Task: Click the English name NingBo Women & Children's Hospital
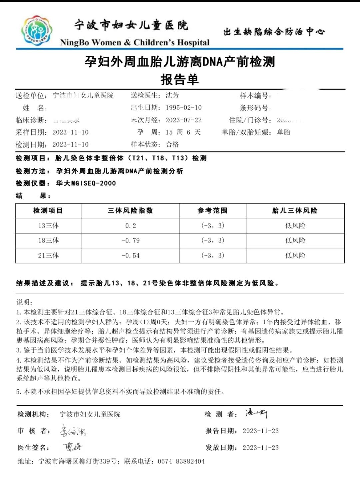pos(135,43)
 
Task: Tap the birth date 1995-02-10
pos(183,108)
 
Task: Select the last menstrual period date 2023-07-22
pos(183,120)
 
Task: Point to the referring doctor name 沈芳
pos(172,96)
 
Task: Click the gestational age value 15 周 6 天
pos(183,132)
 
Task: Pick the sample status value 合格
pos(172,144)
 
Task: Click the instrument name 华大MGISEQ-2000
pos(86,183)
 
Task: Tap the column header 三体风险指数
pos(130,211)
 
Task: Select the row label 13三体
pos(48,226)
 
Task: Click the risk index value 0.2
pos(130,226)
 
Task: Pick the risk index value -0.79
pos(130,240)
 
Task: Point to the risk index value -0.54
pos(130,256)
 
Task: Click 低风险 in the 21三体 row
pos(295,256)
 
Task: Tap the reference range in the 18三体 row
pos(213,240)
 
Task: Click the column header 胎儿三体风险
pos(295,211)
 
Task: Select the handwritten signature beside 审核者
pos(73,431)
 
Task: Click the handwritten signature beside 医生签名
pos(72,447)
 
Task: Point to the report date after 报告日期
pos(260,431)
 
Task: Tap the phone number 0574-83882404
pos(181,461)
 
